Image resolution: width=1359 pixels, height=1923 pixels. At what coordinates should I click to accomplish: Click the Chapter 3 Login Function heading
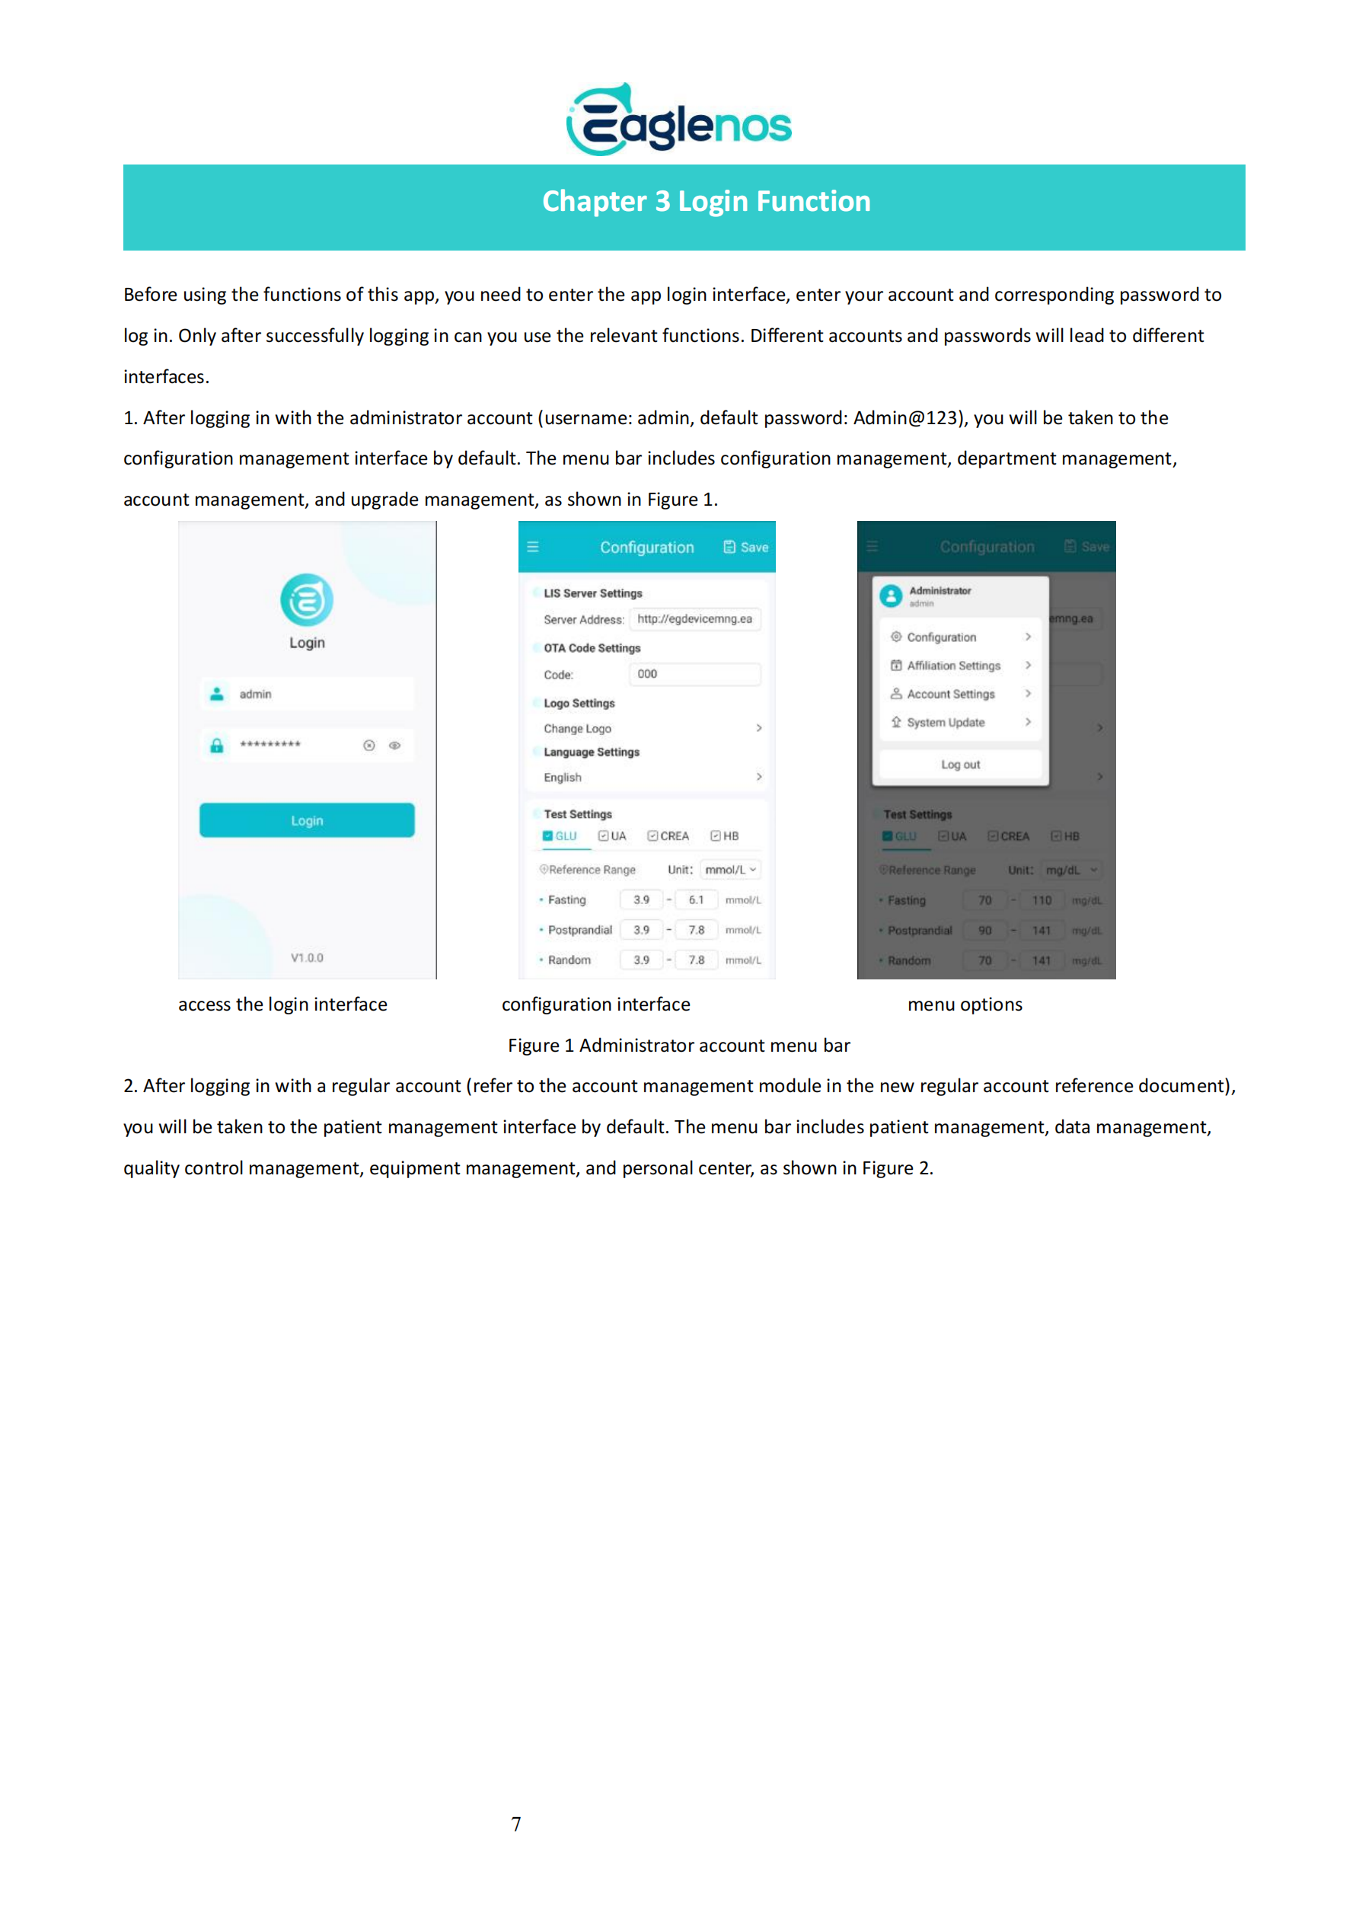point(706,202)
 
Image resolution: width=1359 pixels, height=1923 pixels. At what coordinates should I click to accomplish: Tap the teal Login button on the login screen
point(307,820)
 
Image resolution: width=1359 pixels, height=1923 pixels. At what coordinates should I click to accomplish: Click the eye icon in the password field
point(394,745)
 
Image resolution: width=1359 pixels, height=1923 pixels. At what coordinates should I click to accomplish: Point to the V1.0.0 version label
point(307,957)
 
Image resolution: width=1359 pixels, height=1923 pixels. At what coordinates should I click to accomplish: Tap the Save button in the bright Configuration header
point(745,547)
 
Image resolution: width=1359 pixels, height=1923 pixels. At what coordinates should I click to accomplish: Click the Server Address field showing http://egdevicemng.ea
point(694,619)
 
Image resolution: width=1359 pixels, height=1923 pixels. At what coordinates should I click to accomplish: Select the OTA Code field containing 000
point(694,673)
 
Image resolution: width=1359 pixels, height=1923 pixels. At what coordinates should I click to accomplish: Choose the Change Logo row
point(652,728)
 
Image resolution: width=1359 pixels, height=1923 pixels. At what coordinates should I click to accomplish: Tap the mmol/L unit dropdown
point(730,870)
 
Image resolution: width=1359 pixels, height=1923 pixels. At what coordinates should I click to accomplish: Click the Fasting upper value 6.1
point(696,899)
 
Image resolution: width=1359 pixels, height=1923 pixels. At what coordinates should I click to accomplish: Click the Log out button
point(960,764)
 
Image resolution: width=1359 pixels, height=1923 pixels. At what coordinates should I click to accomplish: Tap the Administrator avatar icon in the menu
point(891,596)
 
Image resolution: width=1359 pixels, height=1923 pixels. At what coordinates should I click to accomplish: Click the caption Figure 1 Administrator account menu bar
point(678,1045)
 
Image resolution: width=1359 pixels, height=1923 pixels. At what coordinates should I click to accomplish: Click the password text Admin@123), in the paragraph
point(909,418)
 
